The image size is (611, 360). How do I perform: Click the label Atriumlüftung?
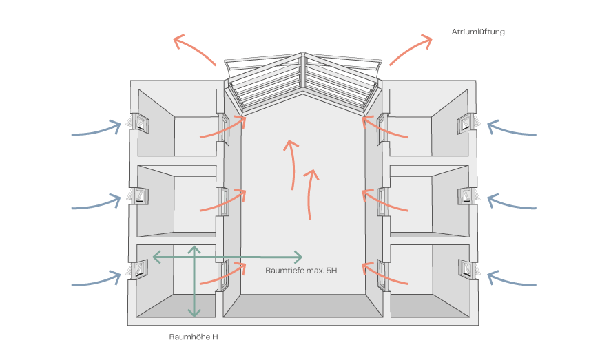point(478,32)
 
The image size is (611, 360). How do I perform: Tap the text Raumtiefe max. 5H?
point(301,271)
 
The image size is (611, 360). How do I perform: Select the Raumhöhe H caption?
point(194,337)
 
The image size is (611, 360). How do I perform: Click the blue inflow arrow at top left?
point(96,131)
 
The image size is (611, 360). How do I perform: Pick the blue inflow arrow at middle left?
point(96,204)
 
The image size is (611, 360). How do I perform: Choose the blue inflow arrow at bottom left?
point(96,281)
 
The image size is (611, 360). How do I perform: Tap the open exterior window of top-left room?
point(137,123)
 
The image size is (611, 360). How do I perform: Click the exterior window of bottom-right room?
point(469,268)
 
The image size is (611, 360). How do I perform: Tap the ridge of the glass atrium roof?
point(303,76)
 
